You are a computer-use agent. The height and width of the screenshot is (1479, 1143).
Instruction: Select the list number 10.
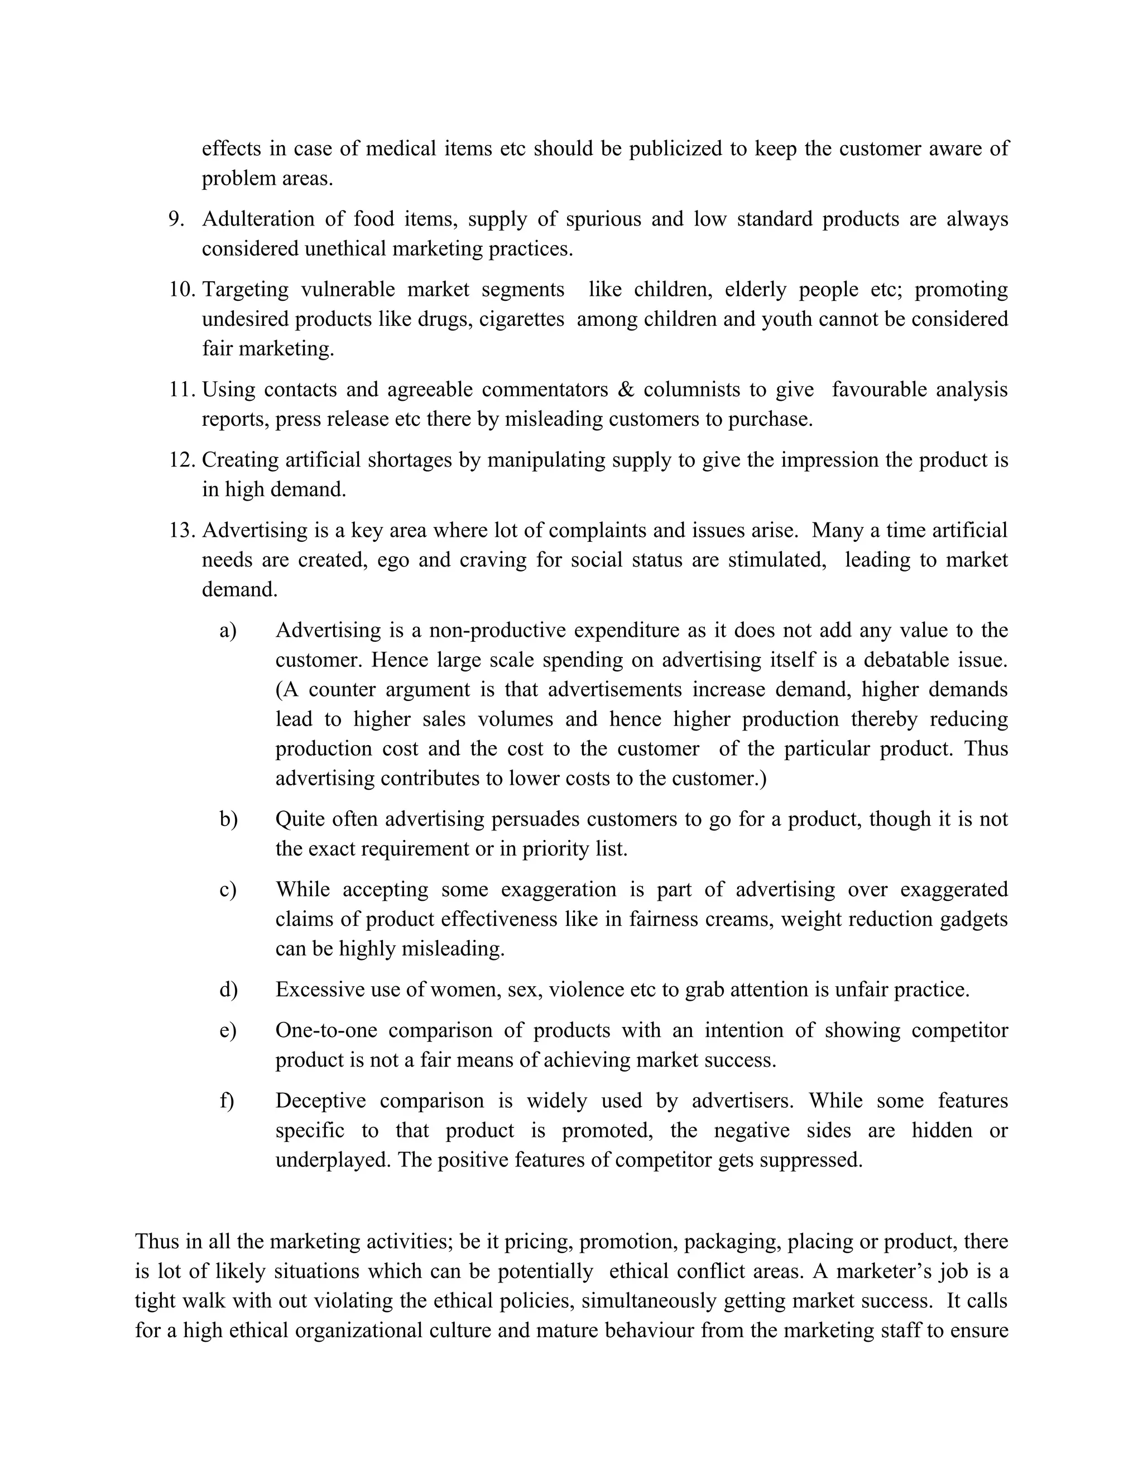(181, 290)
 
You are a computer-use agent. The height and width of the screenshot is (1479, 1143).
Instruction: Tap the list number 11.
(181, 390)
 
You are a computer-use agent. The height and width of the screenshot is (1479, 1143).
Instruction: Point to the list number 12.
(181, 460)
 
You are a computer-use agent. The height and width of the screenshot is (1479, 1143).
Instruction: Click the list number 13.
(181, 530)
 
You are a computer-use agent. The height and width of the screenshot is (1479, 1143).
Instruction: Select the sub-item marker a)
(228, 631)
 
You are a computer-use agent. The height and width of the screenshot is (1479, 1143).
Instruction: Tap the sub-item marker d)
(228, 990)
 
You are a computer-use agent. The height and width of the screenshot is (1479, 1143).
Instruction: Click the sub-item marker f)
(227, 1101)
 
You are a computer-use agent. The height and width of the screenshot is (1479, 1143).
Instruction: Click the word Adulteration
(258, 219)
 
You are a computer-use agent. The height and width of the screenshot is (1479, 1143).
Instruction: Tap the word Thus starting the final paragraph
(157, 1242)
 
